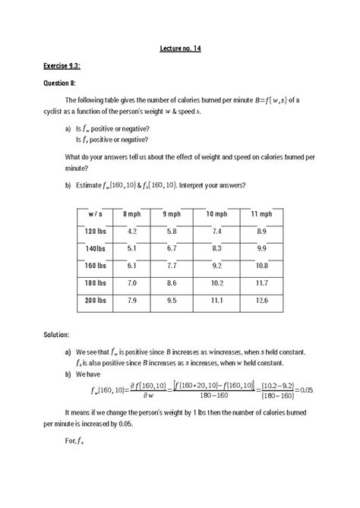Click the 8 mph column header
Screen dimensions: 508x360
pos(131,214)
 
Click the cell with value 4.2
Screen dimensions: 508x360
pos(132,231)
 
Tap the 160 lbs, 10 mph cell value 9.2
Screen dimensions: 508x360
pos(216,266)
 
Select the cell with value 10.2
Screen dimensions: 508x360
pos(216,283)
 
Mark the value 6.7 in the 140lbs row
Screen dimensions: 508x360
pos(175,248)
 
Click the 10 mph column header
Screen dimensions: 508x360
pos(216,214)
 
